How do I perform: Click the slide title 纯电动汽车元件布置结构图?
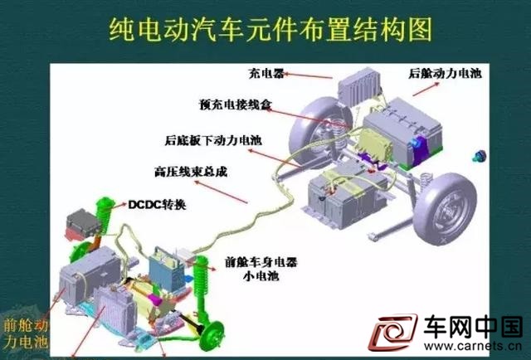click(x=270, y=30)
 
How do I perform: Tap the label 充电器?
click(x=266, y=73)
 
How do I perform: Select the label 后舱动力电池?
click(x=445, y=73)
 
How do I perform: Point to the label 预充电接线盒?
click(x=236, y=105)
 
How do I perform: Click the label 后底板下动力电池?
click(x=213, y=140)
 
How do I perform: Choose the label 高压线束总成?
click(x=191, y=172)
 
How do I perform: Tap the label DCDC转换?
click(x=157, y=205)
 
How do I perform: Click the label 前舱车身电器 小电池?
click(x=261, y=269)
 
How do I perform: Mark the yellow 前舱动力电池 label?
click(x=26, y=334)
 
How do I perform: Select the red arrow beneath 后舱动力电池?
click(x=426, y=90)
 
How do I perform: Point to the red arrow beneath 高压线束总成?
click(x=221, y=192)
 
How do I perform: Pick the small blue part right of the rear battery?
click(x=479, y=156)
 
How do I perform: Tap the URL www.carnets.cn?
click(x=473, y=346)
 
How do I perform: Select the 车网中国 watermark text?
click(x=473, y=327)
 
